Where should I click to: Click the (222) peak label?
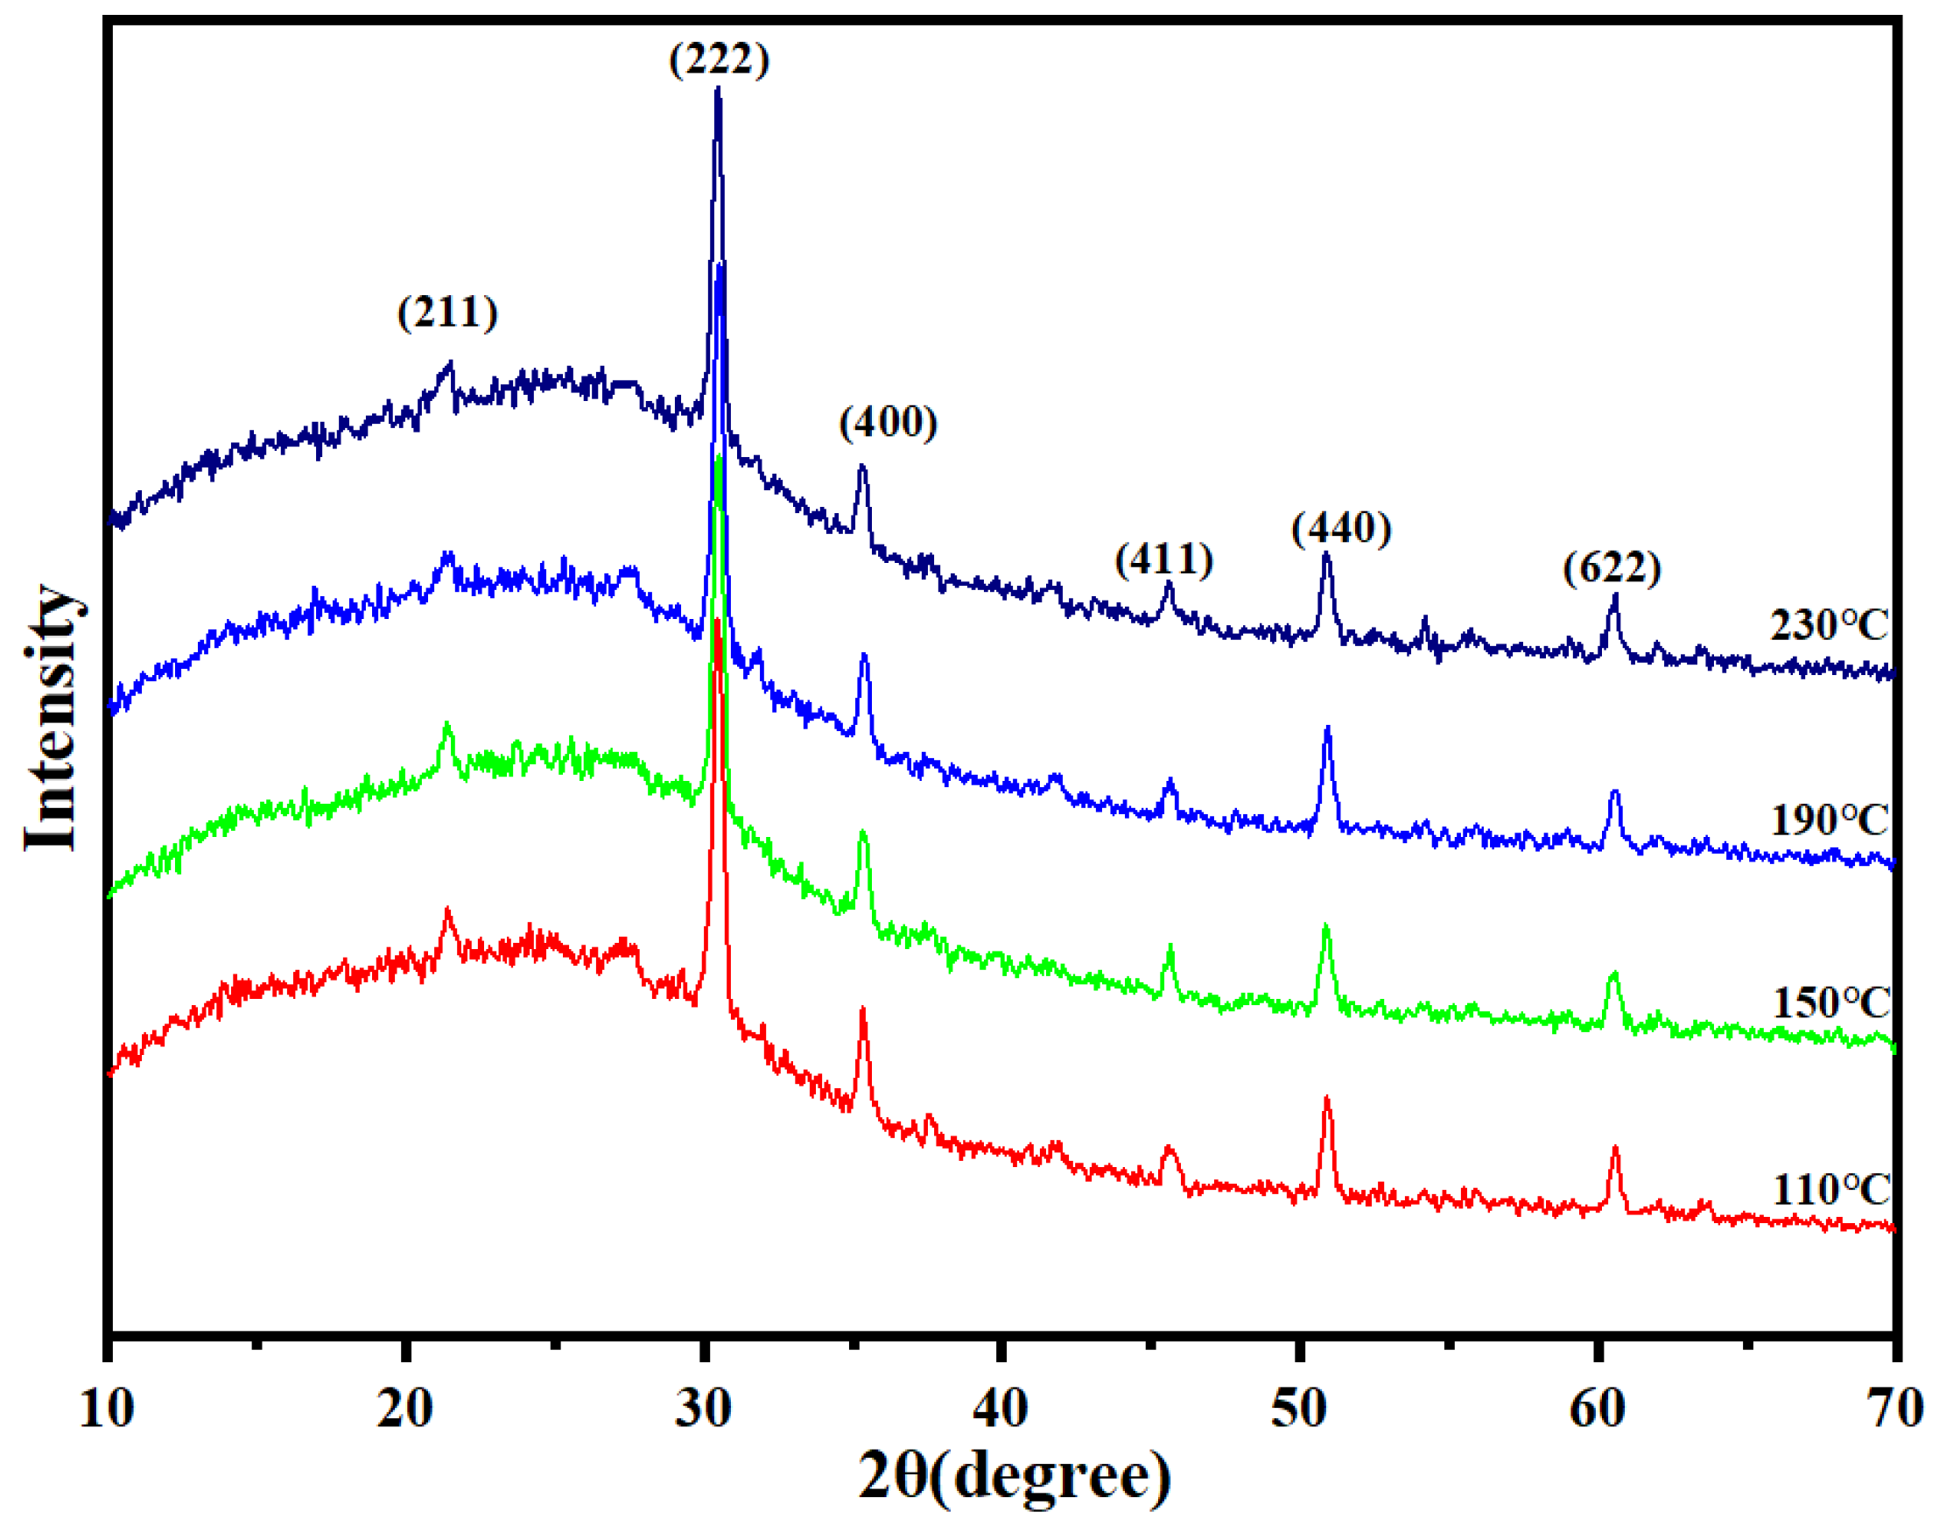click(x=719, y=60)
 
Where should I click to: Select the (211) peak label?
click(x=447, y=313)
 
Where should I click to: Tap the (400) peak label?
click(x=889, y=422)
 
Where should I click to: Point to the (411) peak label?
click(x=1163, y=559)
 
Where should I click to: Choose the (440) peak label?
click(x=1341, y=528)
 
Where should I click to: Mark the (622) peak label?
click(x=1612, y=568)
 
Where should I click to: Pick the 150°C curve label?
click(x=1831, y=1003)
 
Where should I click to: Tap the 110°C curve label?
click(x=1831, y=1190)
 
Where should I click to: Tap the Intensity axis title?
click(x=52, y=718)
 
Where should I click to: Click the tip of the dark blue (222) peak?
click(x=717, y=88)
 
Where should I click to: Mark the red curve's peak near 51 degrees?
click(x=1327, y=1099)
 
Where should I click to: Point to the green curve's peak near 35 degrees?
click(x=863, y=832)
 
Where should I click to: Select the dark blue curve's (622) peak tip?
click(x=1615, y=595)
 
